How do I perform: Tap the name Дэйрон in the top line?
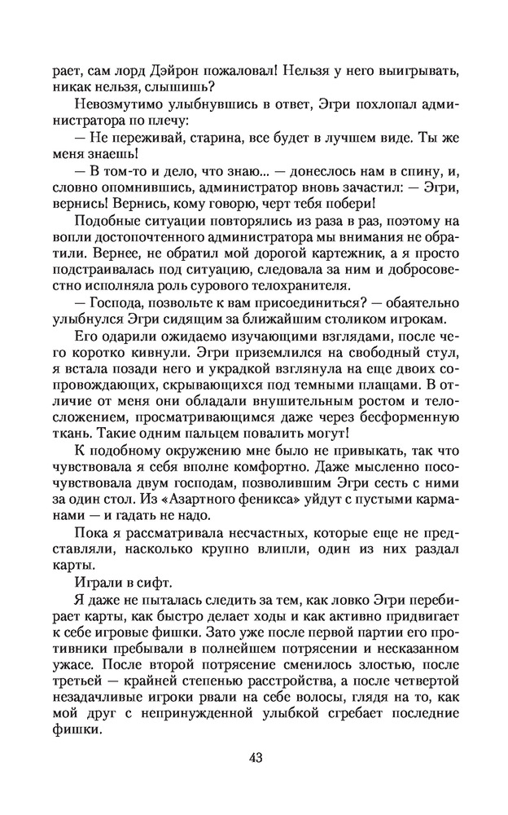[176, 70]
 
